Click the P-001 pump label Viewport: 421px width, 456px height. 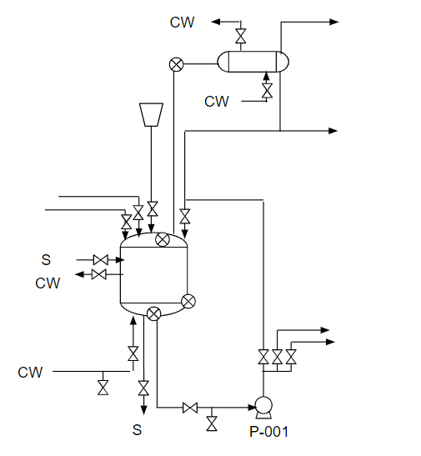[269, 432]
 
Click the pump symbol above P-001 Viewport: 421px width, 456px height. [263, 408]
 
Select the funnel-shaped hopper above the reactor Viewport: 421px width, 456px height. [151, 114]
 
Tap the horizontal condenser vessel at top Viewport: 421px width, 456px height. [253, 62]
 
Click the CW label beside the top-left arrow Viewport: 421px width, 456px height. [182, 23]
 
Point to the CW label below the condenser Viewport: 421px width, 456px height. [217, 102]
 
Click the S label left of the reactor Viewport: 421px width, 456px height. [46, 260]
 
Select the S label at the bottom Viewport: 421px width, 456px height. [137, 430]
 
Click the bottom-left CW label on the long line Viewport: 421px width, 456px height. [30, 373]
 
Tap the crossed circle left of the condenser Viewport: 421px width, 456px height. [176, 64]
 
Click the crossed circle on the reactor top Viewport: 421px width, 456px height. [163, 239]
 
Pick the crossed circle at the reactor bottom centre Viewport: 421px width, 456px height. [153, 313]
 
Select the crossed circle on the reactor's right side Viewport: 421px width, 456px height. [188, 301]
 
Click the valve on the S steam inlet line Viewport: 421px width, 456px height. [101, 260]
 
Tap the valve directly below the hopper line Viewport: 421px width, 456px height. [153, 209]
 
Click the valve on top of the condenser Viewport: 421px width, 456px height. [240, 36]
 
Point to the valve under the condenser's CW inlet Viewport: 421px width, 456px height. [267, 90]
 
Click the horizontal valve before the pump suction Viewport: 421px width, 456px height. [190, 408]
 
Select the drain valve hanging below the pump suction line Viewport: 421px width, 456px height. [212, 423]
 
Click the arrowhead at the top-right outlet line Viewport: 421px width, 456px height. [334, 22]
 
